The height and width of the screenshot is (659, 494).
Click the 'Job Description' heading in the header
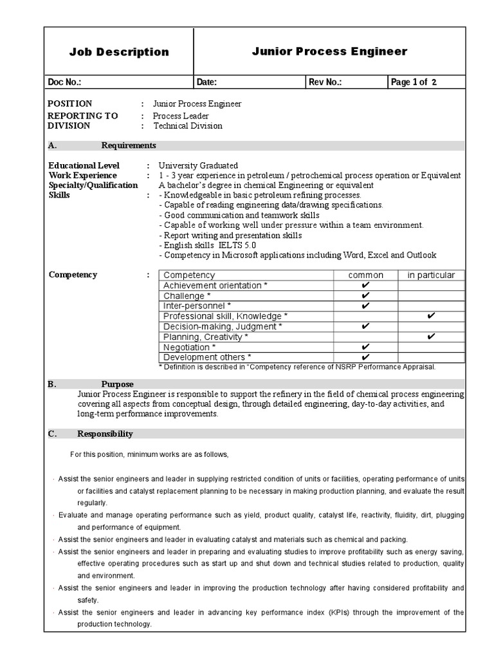pos(119,52)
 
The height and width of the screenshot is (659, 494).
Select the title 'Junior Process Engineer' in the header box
pos(329,51)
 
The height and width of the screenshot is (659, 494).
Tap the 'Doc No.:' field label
pos(65,82)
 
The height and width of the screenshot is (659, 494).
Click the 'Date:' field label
pos(206,82)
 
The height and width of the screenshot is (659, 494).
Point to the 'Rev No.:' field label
pos(325,82)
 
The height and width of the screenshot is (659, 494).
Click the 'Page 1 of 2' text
pos(414,82)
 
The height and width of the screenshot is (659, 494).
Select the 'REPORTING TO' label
pos(83,116)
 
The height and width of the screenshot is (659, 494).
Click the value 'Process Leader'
pos(181,116)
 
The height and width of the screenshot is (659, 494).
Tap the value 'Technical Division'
pos(188,125)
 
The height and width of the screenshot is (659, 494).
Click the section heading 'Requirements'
pos(129,145)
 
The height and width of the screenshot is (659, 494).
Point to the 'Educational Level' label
pos(84,165)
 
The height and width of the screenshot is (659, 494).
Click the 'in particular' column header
pos(431,275)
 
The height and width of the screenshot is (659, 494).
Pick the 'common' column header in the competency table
pos(365,275)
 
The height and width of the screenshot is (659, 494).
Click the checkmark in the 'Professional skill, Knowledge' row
pos(431,316)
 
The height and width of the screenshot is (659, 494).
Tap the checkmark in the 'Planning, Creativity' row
pos(431,337)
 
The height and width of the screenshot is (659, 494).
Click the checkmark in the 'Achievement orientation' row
pos(365,285)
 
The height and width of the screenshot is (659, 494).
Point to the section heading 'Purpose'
pos(117,384)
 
